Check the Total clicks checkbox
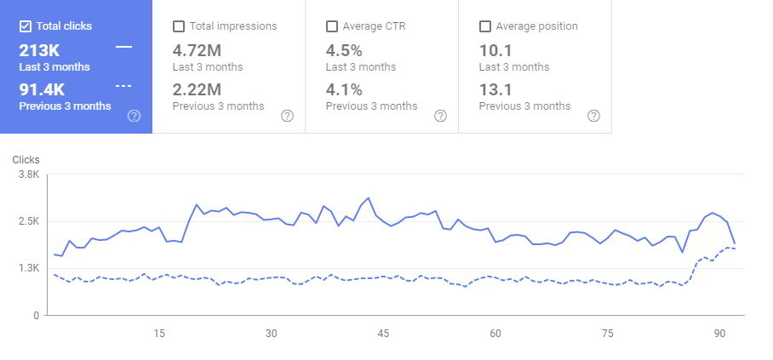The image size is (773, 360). [x=25, y=26]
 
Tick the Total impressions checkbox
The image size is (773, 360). [x=178, y=26]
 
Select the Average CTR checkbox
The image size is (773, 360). [x=331, y=26]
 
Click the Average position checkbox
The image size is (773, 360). [x=484, y=26]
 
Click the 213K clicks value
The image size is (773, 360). [x=39, y=49]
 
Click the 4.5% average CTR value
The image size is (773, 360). [x=344, y=49]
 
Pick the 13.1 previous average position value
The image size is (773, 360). [x=495, y=89]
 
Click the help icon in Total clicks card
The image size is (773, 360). [x=134, y=116]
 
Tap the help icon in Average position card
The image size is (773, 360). [x=593, y=116]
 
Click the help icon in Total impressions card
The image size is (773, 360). [x=287, y=116]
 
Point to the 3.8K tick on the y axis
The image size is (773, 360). [x=28, y=174]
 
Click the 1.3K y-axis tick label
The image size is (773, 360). [x=28, y=268]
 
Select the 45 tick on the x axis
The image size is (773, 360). [x=383, y=334]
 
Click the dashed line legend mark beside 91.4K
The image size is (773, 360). [x=123, y=87]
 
